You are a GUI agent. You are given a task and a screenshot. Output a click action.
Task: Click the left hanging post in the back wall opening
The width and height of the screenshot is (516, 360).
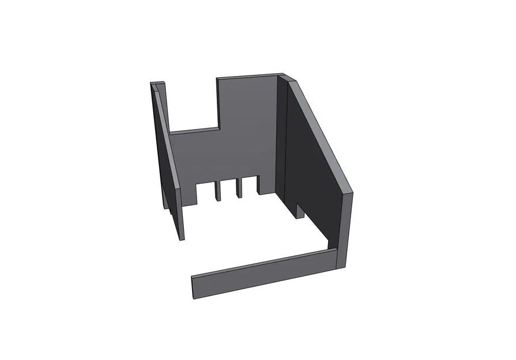219,191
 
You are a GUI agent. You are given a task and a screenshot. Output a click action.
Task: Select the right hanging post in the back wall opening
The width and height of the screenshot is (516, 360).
238,189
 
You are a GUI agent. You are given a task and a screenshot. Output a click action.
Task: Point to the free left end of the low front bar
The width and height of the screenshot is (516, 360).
194,287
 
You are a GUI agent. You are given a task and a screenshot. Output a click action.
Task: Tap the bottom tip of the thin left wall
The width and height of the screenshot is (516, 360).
182,237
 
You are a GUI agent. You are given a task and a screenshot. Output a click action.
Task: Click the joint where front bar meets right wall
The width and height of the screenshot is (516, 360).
335,258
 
